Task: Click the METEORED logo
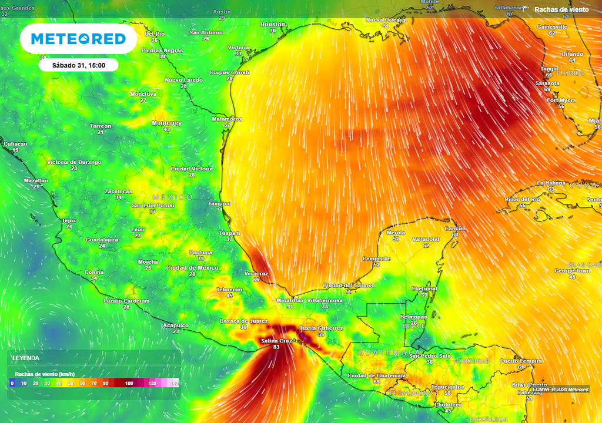point(78,39)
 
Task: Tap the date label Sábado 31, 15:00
point(79,65)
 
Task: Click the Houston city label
point(272,24)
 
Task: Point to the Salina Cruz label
point(276,341)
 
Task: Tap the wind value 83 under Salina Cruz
point(276,347)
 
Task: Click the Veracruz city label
point(256,273)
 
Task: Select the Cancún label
point(455,229)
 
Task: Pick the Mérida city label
point(396,233)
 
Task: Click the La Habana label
point(550,183)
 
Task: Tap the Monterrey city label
point(166,123)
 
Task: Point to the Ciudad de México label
point(192,267)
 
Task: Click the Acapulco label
point(176,325)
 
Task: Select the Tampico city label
point(219,203)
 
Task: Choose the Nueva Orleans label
point(386,19)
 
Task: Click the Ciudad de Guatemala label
point(376,375)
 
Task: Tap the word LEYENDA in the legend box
point(26,358)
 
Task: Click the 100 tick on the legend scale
point(129,383)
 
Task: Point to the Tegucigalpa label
point(447,387)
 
